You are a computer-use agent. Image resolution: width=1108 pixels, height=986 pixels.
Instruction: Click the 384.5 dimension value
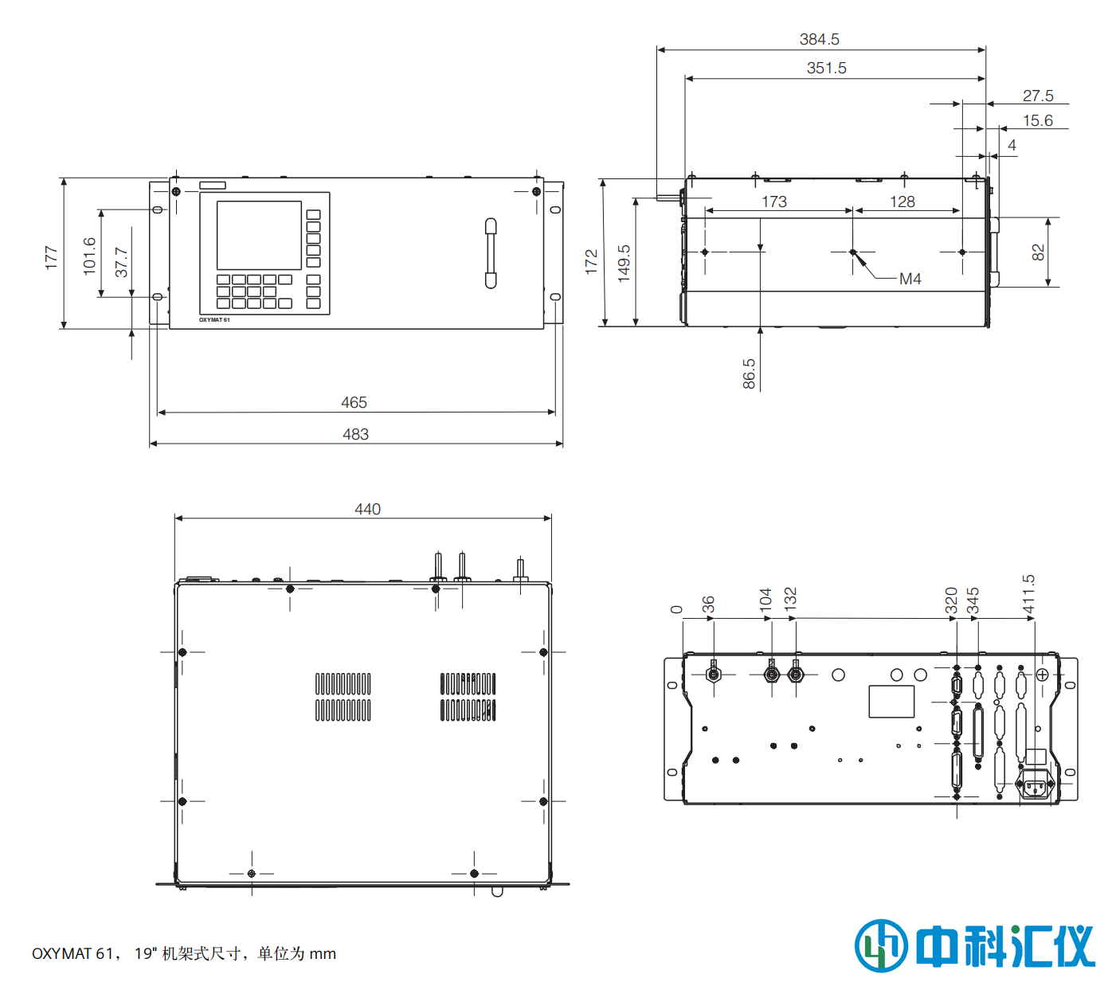(819, 39)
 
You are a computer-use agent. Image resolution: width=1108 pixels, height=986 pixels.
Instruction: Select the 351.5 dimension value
(826, 68)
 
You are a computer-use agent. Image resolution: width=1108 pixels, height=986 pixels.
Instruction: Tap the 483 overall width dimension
(355, 434)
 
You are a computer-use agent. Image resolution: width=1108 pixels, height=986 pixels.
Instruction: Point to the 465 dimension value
(354, 402)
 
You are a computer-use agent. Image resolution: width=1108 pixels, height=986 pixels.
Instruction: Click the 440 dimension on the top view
(367, 509)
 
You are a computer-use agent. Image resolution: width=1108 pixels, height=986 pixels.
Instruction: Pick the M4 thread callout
(910, 279)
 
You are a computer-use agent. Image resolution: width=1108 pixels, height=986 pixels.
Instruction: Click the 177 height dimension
(51, 257)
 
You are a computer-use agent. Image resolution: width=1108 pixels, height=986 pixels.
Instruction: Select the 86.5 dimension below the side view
(749, 374)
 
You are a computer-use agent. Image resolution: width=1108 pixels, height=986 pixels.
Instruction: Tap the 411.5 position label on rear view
(1028, 594)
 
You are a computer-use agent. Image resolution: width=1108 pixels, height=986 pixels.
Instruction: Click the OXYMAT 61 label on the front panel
(214, 320)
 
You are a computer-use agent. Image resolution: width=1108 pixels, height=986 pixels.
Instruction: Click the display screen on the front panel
(259, 235)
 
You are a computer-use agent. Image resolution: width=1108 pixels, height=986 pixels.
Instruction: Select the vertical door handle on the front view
(491, 253)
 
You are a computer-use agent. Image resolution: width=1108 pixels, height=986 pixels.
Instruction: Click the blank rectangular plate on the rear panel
(891, 701)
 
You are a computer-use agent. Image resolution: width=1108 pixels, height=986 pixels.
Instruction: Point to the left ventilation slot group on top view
(343, 697)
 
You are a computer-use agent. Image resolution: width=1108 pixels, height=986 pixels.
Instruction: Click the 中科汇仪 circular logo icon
(881, 945)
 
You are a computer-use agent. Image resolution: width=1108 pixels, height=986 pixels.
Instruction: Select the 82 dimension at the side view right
(1037, 252)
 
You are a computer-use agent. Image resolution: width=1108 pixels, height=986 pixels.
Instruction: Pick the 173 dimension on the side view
(774, 202)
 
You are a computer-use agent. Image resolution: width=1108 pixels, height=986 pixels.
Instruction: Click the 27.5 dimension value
(1037, 96)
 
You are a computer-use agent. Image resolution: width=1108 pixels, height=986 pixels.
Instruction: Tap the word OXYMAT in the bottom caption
(61, 953)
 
